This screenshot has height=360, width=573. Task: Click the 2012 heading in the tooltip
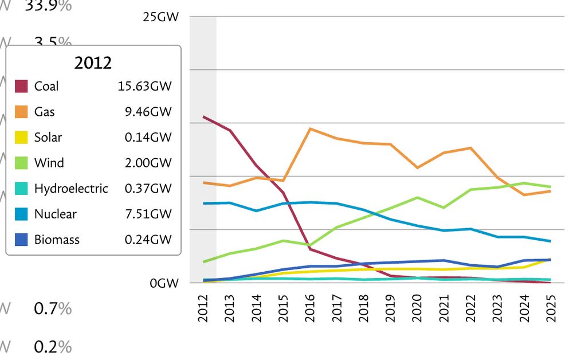93,63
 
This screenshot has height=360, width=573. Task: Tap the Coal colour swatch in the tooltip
21,87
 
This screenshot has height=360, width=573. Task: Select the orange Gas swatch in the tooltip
21,112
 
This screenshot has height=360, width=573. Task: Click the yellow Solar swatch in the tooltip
21,138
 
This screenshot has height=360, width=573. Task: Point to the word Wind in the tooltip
49,163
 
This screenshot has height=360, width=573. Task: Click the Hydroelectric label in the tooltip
71,189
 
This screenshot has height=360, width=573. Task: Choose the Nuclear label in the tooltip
55,214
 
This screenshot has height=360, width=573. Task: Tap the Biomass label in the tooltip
57,240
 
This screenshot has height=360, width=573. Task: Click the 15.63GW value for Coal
144,87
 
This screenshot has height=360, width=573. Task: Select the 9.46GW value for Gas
148,112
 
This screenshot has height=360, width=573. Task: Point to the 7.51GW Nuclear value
148,214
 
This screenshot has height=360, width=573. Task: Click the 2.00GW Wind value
148,163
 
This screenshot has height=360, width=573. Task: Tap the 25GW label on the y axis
160,17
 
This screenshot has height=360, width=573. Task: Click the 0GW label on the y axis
164,283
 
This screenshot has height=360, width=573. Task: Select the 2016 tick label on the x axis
310,309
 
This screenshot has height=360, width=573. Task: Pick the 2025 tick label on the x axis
551,309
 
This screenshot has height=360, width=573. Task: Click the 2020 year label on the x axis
417,309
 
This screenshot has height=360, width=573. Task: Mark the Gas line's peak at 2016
310,128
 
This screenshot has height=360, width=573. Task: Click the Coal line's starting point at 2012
203,116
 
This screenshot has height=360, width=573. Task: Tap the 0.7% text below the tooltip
53,309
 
